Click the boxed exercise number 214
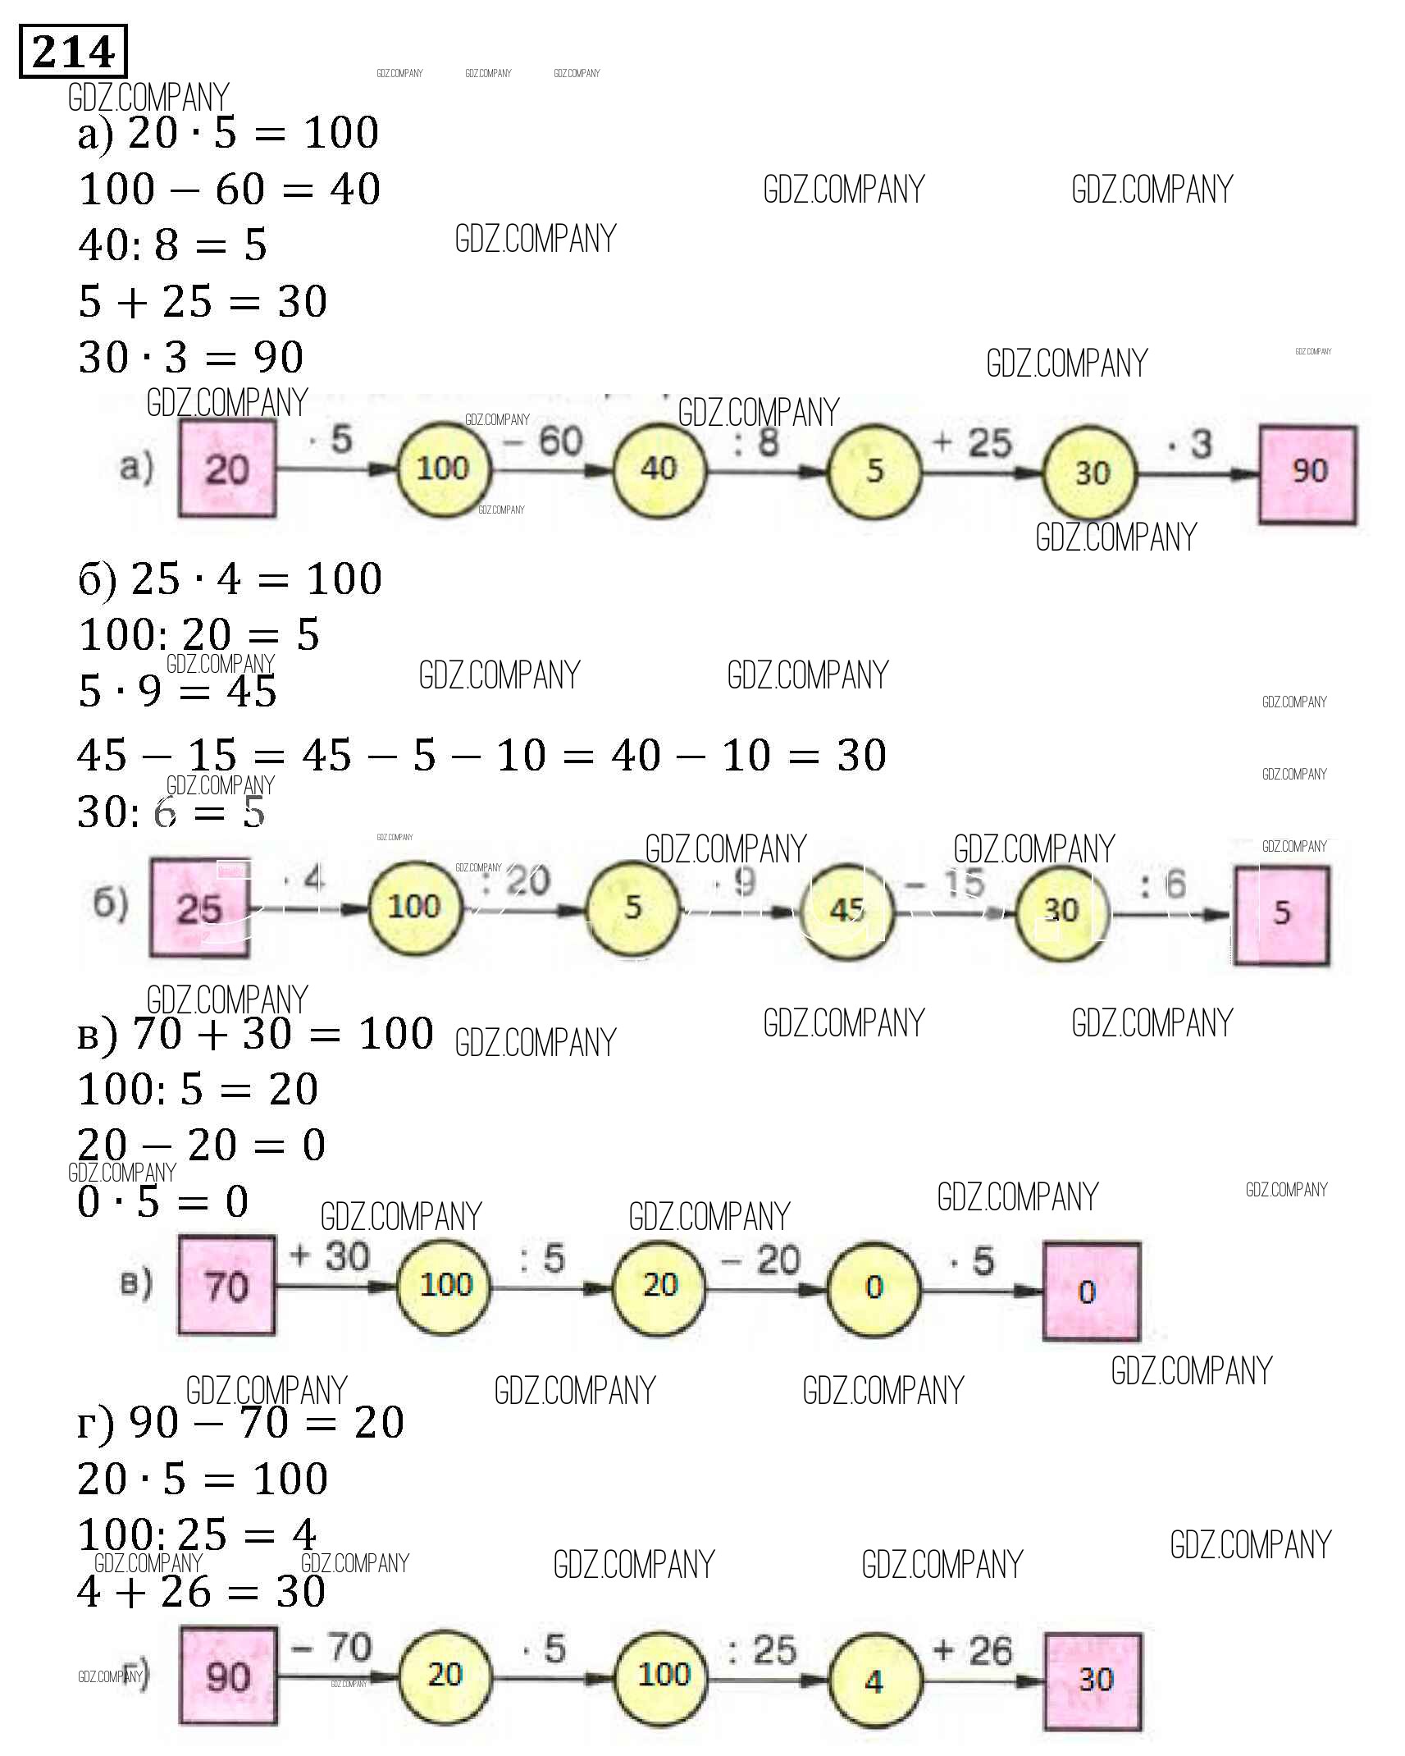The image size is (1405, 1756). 72,52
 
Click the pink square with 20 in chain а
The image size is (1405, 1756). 227,469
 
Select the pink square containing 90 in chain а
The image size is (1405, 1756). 1307,473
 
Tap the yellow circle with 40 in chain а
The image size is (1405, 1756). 659,469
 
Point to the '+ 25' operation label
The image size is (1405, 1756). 973,443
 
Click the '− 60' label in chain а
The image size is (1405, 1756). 545,441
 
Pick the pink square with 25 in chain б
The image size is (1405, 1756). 199,908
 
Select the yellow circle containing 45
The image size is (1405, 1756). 846,909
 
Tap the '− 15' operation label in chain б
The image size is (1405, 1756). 945,884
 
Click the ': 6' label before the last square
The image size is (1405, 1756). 1164,885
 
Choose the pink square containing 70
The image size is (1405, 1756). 226,1285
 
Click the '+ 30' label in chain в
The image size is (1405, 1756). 330,1256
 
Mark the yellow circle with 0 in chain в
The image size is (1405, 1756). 874,1287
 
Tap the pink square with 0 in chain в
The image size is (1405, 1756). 1091,1292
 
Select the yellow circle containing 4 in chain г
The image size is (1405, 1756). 874,1681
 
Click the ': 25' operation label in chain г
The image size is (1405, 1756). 762,1650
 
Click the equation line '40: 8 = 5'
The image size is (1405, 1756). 173,245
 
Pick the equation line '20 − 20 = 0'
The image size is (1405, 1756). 202,1145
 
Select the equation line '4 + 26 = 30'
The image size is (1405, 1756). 202,1591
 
